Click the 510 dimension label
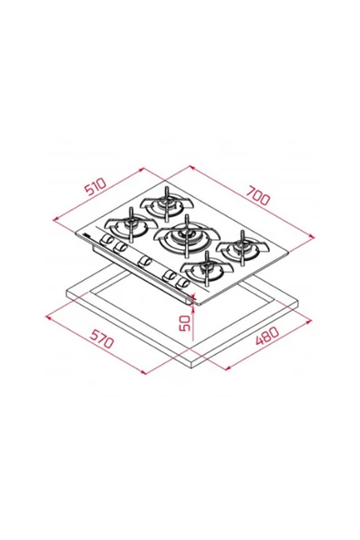(96, 186)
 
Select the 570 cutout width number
(101, 338)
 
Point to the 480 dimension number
(267, 336)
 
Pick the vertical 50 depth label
(185, 323)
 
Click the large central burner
(187, 236)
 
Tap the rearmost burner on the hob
(166, 203)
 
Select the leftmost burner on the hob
(130, 225)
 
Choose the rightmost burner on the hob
(242, 248)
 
